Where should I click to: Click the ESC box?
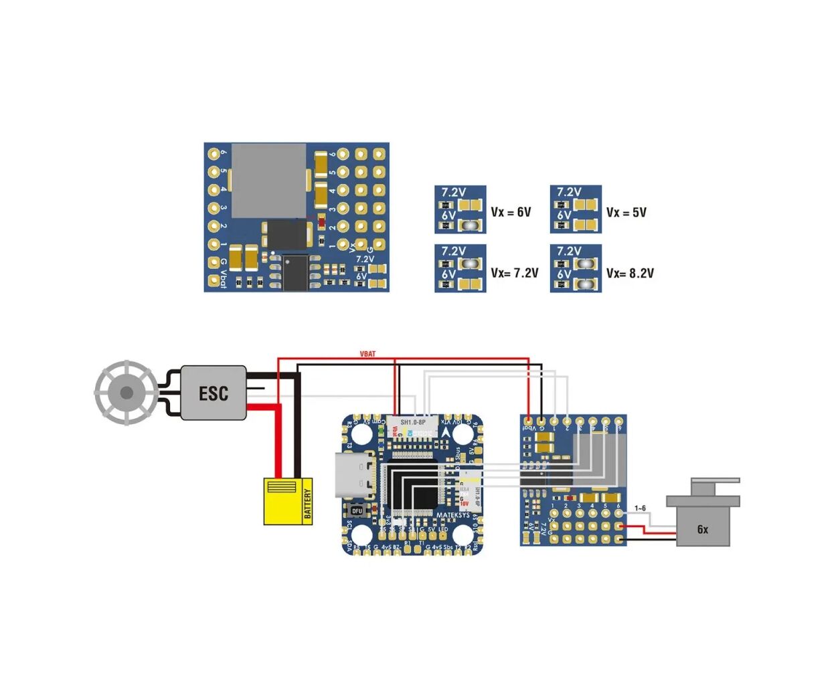coord(214,393)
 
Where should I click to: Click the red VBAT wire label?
coord(367,354)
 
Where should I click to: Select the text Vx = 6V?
coord(511,212)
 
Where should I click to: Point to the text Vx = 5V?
coord(626,212)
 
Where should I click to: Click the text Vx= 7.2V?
coord(514,273)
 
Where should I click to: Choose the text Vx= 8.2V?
coord(630,273)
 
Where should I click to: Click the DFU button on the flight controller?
coord(357,510)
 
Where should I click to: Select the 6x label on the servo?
coord(702,529)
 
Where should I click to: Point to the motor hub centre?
coord(126,393)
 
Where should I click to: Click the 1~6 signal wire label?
coord(640,508)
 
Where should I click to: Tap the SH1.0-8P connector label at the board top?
coord(413,422)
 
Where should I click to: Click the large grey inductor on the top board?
coord(268,181)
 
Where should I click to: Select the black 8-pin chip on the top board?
coord(295,273)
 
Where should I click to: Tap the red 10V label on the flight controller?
coord(464,504)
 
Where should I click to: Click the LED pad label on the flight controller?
coord(443,529)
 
